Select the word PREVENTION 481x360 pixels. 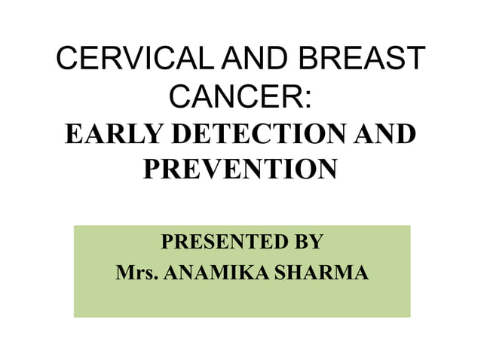(x=240, y=169)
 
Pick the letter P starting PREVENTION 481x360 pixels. (x=151, y=169)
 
